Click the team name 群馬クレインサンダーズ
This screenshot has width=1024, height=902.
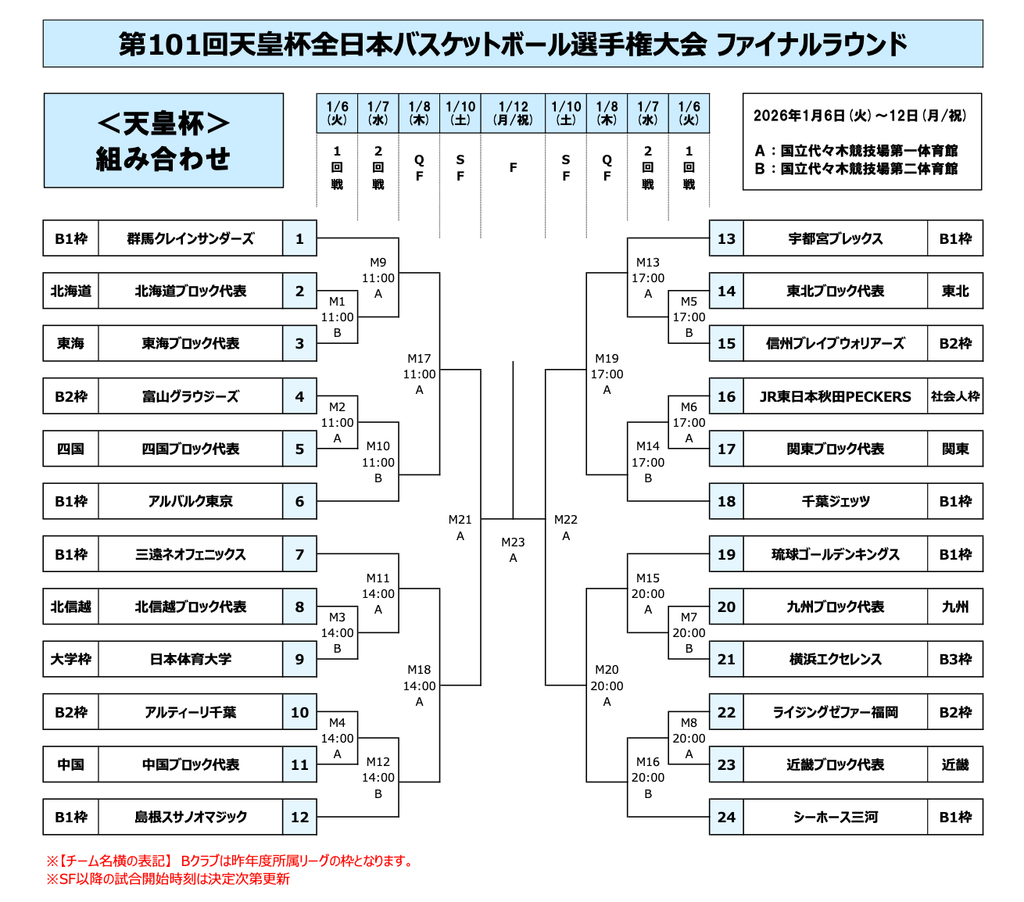[190, 238]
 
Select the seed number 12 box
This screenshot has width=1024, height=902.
[299, 817]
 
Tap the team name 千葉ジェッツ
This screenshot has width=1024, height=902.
[835, 501]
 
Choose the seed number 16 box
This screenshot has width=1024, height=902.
[726, 396]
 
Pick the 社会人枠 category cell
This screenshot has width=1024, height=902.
[954, 396]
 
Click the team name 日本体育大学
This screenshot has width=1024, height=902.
[190, 659]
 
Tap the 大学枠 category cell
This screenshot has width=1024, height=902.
[71, 659]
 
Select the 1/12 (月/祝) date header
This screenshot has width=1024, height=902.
[513, 113]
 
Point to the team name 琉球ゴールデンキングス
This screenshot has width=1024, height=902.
[835, 554]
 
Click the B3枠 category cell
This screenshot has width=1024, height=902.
[954, 659]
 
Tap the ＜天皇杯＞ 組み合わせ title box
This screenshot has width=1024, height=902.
[163, 141]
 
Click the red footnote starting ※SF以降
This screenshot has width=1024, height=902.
[168, 879]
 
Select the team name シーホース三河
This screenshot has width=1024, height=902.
[835, 817]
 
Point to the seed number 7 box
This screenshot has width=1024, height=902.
[299, 554]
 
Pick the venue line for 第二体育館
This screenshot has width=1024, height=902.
[856, 168]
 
